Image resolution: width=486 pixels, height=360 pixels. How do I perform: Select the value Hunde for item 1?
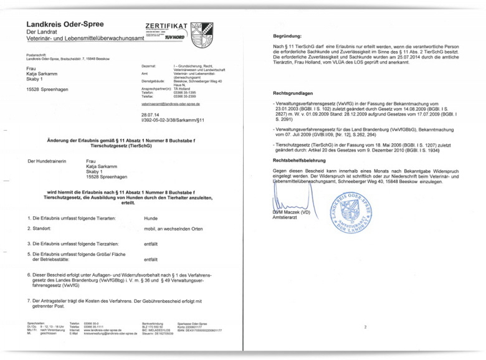[x=150, y=219]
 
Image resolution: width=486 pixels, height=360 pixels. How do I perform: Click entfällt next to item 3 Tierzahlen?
[x=151, y=244]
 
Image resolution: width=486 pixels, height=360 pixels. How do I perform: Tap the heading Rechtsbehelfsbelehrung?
[x=302, y=161]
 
